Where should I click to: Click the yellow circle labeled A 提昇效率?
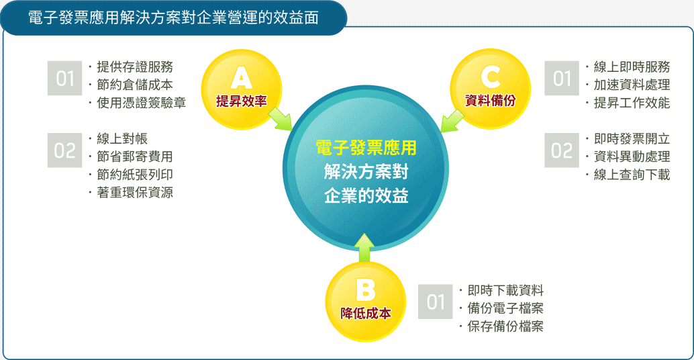[x=241, y=89]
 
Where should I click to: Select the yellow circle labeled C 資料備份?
[x=490, y=89]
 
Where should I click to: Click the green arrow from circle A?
[x=280, y=119]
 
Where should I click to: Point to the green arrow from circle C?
[x=452, y=120]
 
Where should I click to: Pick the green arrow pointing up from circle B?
[x=364, y=248]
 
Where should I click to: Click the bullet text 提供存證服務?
[x=135, y=67]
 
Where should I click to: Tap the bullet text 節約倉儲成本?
[x=135, y=85]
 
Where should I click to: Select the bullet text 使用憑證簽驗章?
[x=141, y=103]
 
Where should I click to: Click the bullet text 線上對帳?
[x=122, y=138]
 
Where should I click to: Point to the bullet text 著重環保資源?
[x=135, y=192]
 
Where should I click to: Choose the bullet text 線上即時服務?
[x=632, y=67]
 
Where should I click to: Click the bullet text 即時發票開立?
[x=632, y=138]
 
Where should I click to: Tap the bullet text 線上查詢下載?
[x=632, y=175]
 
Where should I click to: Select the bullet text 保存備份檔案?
[x=505, y=326]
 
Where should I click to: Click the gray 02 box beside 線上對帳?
[x=64, y=150]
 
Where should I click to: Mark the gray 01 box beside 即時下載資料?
[x=435, y=302]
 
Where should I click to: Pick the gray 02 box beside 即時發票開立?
[x=562, y=150]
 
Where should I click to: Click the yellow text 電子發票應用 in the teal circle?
[x=366, y=148]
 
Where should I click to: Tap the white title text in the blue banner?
[x=173, y=17]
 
